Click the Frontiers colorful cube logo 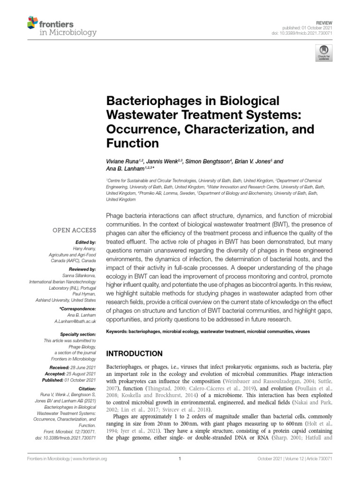tap(32, 22)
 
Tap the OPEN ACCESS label tap(76, 230)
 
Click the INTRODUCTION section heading tap(135, 353)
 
